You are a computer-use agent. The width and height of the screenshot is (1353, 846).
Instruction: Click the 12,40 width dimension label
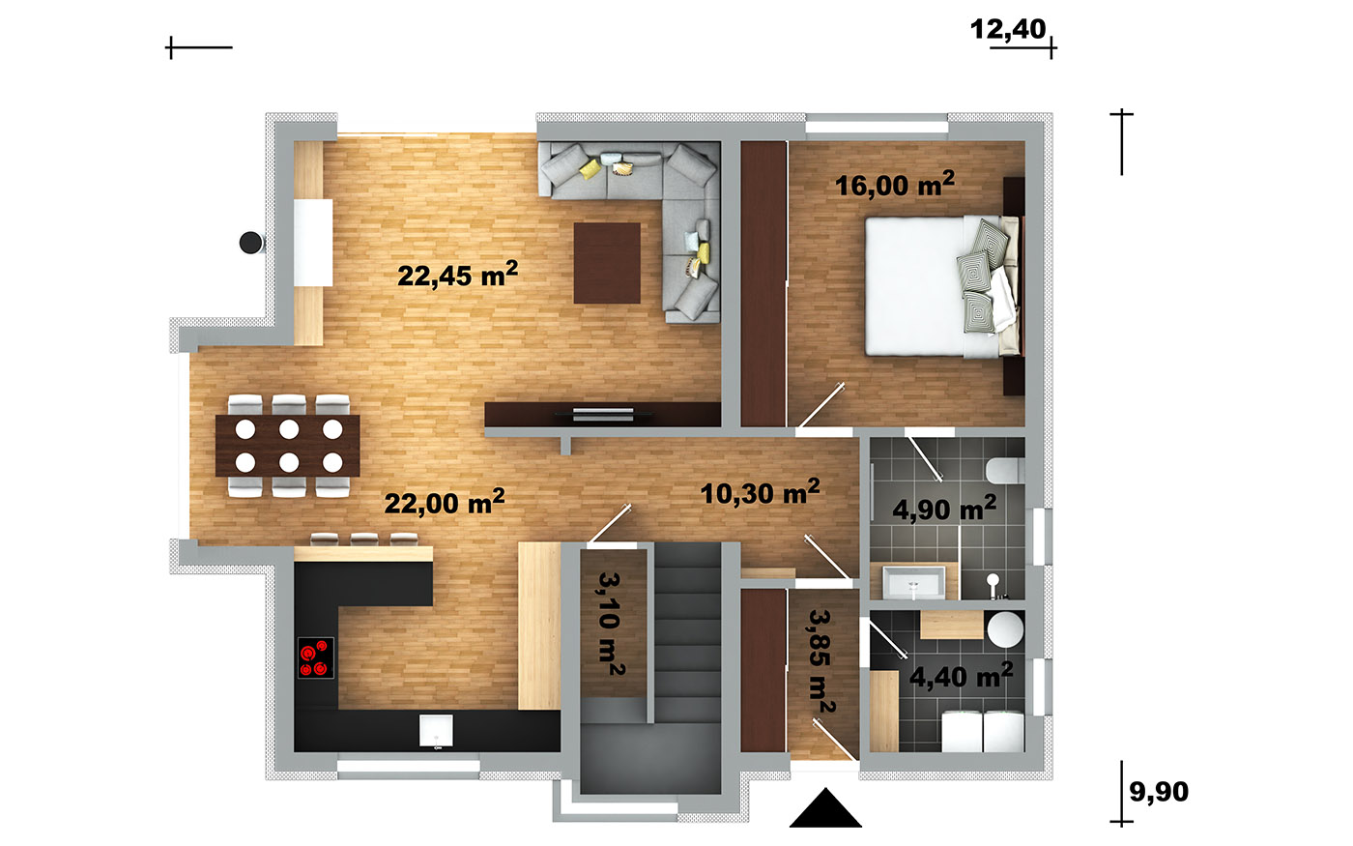point(1007,30)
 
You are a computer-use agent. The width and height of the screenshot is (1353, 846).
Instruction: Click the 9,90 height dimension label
point(1159,792)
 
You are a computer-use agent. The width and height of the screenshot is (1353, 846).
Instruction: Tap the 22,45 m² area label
point(458,275)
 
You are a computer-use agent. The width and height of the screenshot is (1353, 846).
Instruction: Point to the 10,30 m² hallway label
point(760,492)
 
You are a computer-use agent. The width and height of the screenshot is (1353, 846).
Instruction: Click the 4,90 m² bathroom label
point(944,509)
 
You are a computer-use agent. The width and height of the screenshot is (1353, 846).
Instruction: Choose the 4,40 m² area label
point(961,676)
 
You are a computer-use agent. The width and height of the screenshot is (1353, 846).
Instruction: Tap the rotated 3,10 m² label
point(611,624)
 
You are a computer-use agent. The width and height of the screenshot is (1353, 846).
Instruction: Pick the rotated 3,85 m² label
point(821,661)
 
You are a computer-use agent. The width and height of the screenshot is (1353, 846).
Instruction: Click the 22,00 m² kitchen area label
point(445,502)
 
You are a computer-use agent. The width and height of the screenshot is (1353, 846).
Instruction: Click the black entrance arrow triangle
point(825,808)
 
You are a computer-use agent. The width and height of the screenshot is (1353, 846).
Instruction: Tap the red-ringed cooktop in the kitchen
point(316,657)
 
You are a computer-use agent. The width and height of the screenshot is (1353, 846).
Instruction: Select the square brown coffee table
point(607,263)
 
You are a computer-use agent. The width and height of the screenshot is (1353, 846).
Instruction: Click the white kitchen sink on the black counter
point(436,731)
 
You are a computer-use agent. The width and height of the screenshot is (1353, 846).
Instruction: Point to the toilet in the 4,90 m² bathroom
point(1004,471)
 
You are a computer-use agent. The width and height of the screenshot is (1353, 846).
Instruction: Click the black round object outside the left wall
point(250,243)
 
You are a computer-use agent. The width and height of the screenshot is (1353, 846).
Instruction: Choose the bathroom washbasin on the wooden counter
point(914,582)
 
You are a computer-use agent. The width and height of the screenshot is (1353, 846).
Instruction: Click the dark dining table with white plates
point(288,446)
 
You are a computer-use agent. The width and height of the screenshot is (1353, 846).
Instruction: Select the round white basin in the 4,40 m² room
point(1006,629)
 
